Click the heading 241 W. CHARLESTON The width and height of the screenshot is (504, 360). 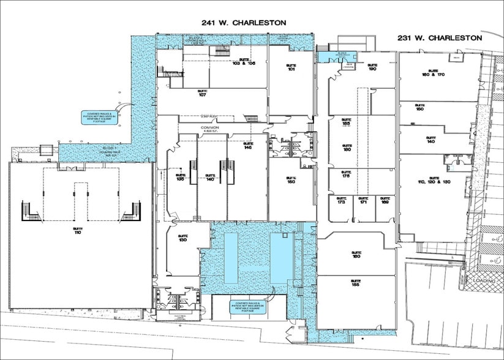point(244,22)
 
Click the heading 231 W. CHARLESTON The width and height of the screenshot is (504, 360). point(439,37)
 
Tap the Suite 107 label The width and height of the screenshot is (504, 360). point(201,93)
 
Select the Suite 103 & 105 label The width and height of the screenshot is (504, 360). point(243,61)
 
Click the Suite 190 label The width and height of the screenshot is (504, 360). point(371,68)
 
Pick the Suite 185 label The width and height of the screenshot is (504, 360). point(346,122)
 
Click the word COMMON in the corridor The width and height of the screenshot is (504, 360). point(206,128)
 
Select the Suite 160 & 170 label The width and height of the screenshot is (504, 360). point(436,73)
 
